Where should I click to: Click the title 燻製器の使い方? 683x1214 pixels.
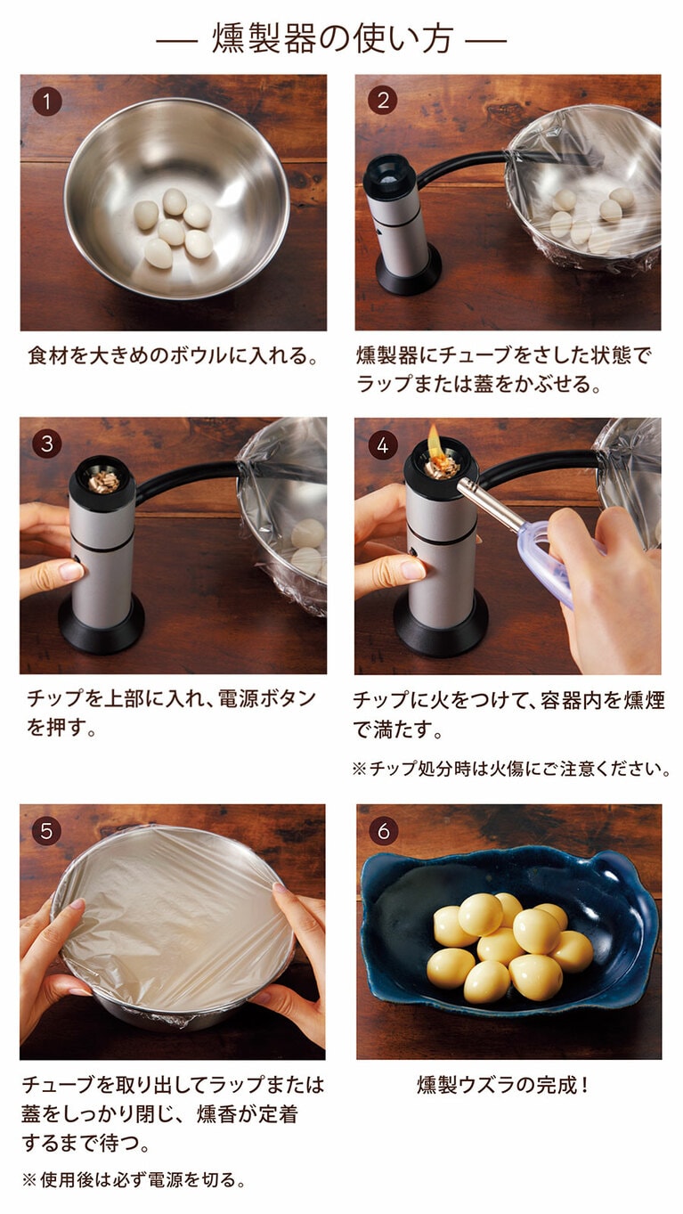[332, 39]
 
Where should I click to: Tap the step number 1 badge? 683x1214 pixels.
[47, 101]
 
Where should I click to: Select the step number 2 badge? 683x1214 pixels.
[382, 101]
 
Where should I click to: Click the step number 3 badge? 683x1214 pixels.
[47, 443]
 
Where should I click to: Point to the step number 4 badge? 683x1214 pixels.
[382, 444]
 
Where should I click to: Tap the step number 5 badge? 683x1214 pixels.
[47, 830]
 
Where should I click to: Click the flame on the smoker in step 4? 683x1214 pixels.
[435, 441]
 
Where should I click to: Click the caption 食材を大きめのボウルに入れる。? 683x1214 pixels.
[173, 357]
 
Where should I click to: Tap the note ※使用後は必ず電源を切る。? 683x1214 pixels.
[134, 1180]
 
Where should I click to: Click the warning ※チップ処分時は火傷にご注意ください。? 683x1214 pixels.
[510, 769]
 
